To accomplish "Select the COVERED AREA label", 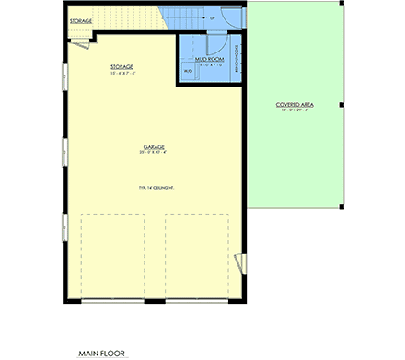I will tap(295, 105).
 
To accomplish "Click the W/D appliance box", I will tap(188, 71).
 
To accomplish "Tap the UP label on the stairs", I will tap(212, 17).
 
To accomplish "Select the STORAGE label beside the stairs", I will tap(81, 19).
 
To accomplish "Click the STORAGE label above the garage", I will tap(121, 67).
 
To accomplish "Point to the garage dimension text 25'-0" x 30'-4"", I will tap(153, 152).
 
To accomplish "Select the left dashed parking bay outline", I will tap(113, 256).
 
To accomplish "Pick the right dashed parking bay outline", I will tap(197, 256).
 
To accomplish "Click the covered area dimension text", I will tap(295, 110).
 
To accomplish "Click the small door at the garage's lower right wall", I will tap(245, 266).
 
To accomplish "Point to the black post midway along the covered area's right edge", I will tap(340, 105).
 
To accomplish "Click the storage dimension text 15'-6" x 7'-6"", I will tap(121, 73).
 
